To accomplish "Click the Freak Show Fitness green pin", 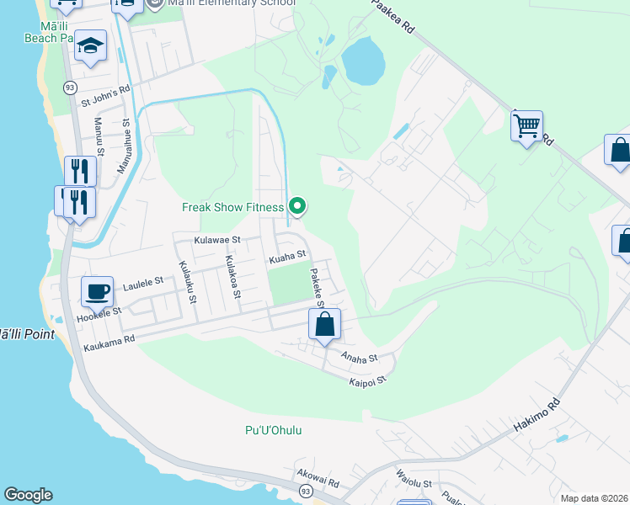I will tap(296, 205).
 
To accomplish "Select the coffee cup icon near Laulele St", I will tap(97, 291).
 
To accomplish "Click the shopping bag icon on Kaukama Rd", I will tap(324, 323).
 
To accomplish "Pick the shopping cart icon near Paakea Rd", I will tap(526, 126).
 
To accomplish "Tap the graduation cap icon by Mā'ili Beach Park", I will tap(90, 46).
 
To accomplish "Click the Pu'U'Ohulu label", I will tap(273, 431).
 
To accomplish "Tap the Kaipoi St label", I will tap(367, 380).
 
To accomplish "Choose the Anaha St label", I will tap(360, 358).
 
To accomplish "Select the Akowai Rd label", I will tap(317, 483).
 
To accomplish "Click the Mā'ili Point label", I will tap(27, 334).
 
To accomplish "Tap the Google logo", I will tap(27, 495).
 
